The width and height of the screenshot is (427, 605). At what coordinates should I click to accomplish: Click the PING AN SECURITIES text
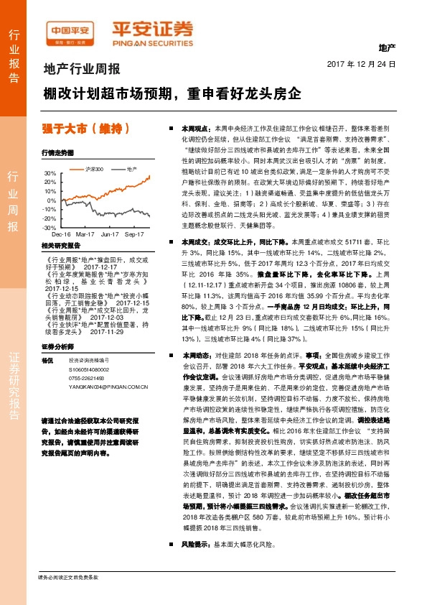151,41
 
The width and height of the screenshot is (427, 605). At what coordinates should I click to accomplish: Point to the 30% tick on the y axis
50,174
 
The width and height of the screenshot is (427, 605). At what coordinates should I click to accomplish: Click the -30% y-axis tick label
50,227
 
